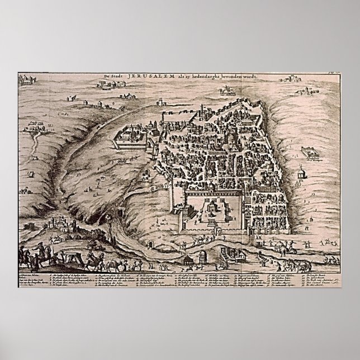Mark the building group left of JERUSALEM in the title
pos(110,85)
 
